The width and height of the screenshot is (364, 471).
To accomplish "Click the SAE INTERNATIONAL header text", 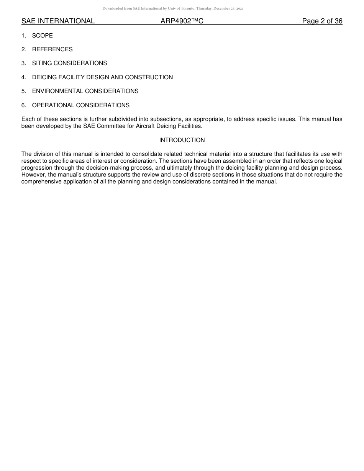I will point(58,21).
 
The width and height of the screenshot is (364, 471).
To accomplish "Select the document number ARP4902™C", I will point(182,21).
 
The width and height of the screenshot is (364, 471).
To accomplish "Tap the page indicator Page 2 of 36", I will point(322,21).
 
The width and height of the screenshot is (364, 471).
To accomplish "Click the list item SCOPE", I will point(43,36).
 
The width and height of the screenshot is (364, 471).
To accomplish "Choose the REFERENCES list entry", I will point(52,49).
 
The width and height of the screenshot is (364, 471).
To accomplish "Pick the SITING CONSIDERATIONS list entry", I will point(69,63).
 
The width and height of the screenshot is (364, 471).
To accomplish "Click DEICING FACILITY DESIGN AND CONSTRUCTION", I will point(102,77).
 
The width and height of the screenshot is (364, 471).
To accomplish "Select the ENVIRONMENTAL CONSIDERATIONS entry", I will point(85,91).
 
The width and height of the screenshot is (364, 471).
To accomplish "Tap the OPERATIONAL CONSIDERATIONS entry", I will point(81,105).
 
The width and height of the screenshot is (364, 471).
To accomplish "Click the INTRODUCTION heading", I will point(182,140).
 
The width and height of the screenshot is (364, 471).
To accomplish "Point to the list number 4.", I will point(23,77).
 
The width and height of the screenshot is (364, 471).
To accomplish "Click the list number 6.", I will point(23,105).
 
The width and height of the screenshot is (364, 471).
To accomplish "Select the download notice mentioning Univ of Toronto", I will point(173,8).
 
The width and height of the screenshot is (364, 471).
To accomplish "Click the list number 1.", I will point(23,36).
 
